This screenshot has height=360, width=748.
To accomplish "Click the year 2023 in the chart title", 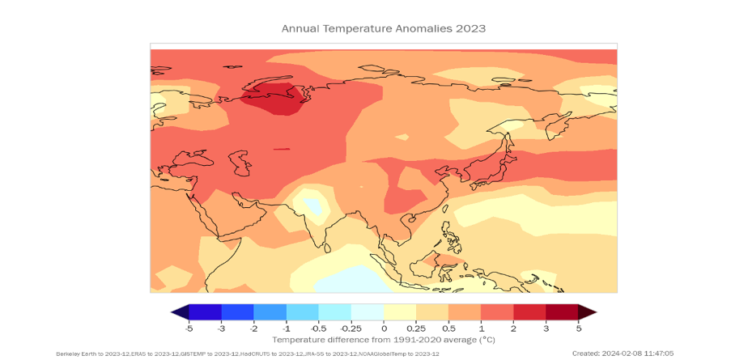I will [x=470, y=28].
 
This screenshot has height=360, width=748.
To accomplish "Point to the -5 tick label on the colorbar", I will [x=189, y=328].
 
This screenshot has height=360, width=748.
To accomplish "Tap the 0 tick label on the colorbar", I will [x=384, y=328].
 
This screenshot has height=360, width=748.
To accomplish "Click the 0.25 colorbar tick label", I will [x=416, y=328].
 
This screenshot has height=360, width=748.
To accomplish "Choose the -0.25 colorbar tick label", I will [x=351, y=328].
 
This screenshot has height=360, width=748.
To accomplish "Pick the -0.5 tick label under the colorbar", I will [x=318, y=328].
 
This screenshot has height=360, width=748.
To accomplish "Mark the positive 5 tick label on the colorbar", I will [x=578, y=328].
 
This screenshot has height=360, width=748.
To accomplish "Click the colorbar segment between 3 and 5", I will [x=562, y=312].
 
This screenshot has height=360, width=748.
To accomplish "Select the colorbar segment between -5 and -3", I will [x=205, y=312].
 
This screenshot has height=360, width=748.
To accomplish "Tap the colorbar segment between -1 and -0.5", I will [x=302, y=312].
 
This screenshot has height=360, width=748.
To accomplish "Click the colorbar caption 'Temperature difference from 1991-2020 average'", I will [x=384, y=340].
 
